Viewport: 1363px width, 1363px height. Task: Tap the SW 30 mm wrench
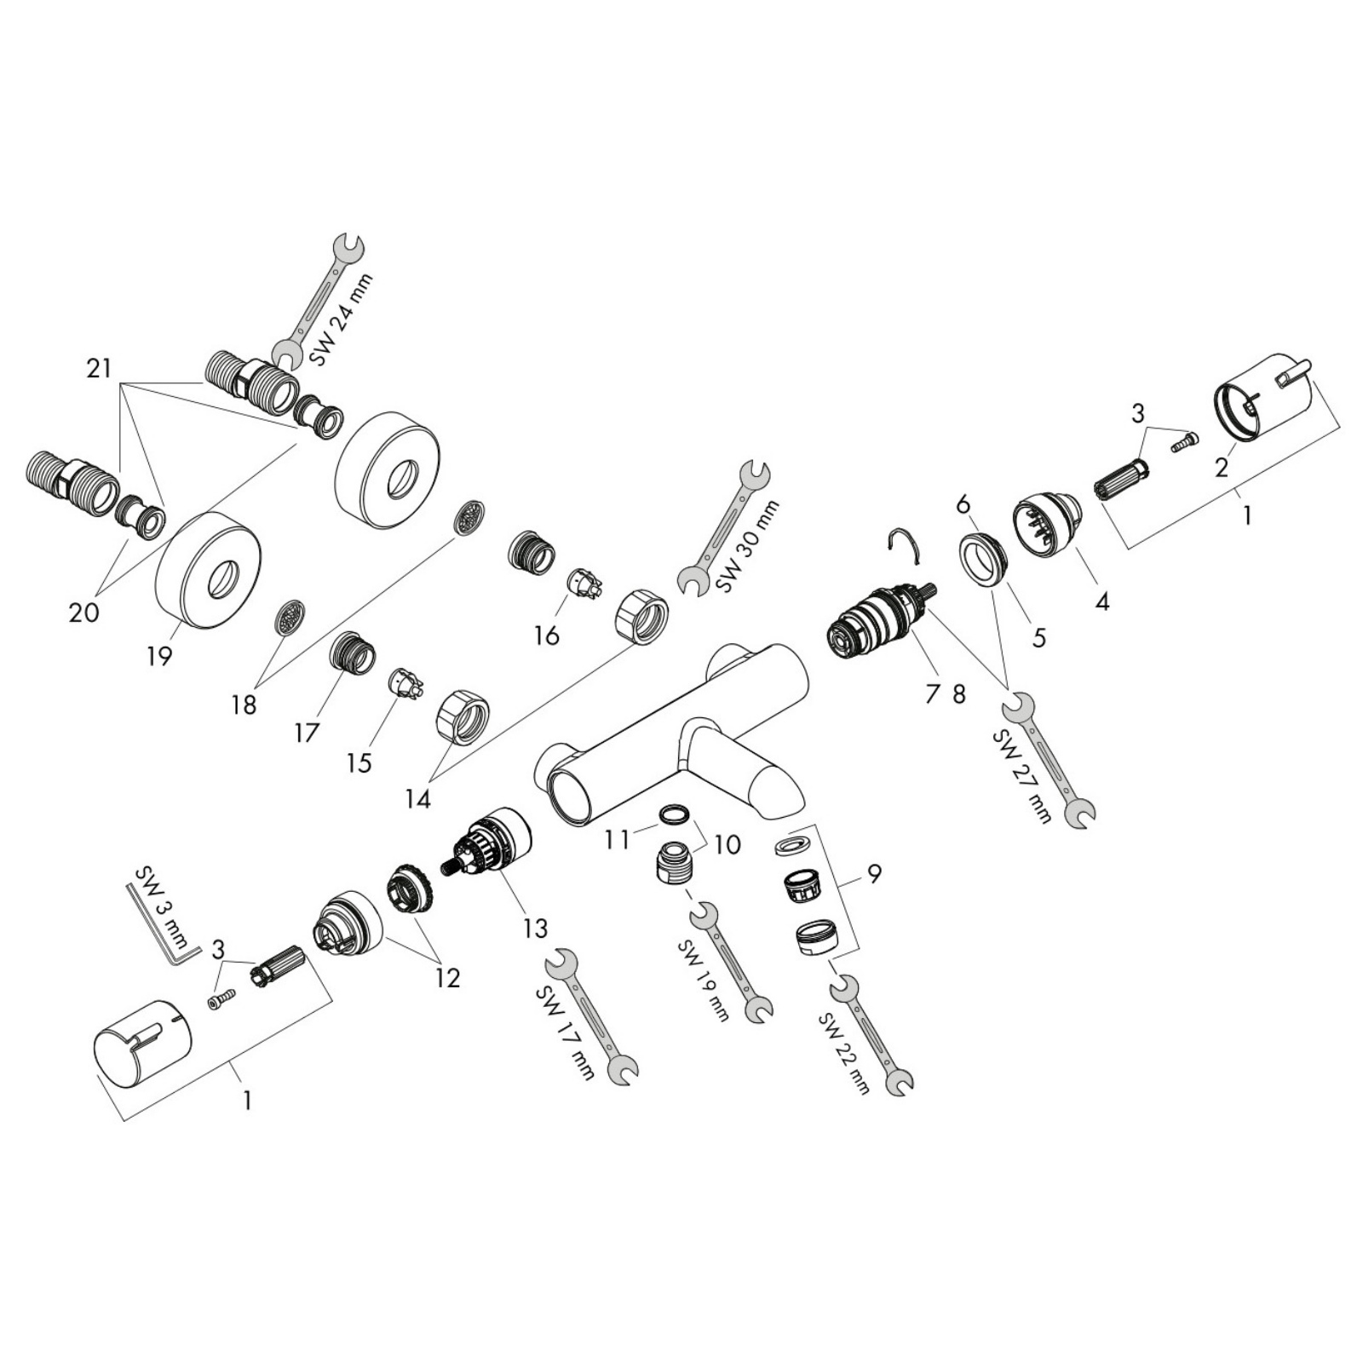723,526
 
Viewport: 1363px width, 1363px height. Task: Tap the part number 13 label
535,927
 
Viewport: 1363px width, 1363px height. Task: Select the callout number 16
547,635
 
